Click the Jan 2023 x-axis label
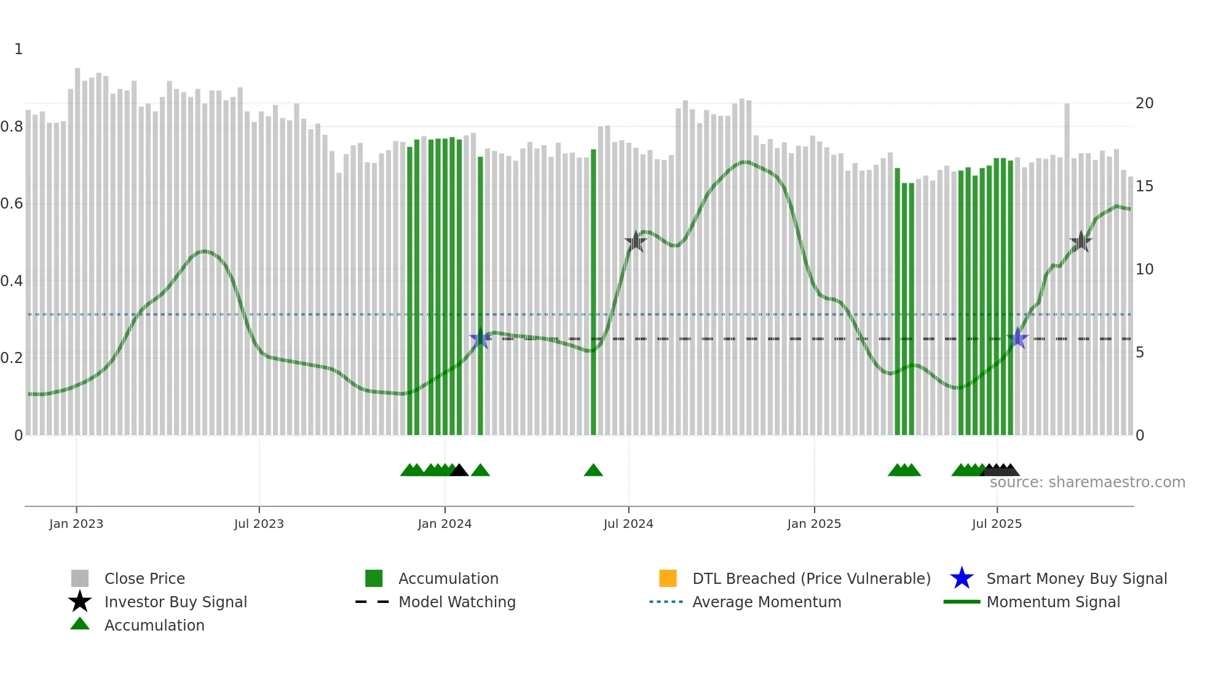point(76,524)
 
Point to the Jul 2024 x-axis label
point(628,524)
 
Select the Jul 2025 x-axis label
point(997,524)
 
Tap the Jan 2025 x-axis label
point(814,524)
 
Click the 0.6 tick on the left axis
point(12,204)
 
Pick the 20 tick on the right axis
point(1144,103)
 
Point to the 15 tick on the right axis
point(1144,186)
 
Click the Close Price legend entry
point(144,578)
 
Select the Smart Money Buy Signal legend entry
point(1077,578)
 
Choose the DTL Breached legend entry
point(811,578)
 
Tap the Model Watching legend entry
point(457,602)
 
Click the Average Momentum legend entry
point(767,602)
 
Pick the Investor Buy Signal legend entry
point(175,602)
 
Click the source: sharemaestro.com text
point(1087,482)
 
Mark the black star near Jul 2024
point(636,242)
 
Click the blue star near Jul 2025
point(1018,338)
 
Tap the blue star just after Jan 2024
point(480,338)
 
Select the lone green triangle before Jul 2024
point(593,471)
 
